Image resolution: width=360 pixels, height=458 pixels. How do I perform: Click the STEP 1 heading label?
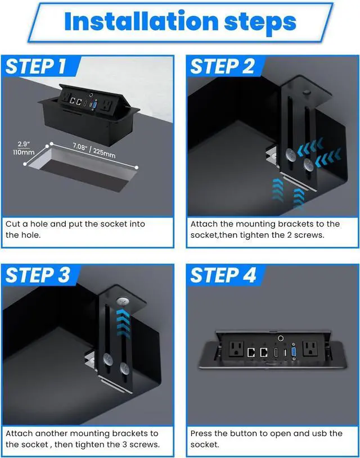coord(35,66)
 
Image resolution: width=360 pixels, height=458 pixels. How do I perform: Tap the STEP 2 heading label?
coord(223,66)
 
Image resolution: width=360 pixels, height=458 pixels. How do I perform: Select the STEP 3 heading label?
coord(38,275)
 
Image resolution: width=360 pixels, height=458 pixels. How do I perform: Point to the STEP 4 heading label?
coord(223,275)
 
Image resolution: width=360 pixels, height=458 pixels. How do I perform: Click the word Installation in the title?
coord(141,21)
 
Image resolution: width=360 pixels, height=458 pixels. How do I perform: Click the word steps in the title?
coord(260,22)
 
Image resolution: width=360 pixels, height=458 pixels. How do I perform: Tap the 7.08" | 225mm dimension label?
coord(94,149)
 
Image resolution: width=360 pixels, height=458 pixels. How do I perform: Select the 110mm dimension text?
coord(24,152)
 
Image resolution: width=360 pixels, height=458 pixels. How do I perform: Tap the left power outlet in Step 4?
coord(236,350)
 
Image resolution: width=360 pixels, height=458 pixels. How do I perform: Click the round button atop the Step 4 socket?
coord(281,338)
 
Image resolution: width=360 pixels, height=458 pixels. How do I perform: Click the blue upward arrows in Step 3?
coord(123,322)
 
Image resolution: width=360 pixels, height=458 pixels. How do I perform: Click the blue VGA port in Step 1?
coord(94,105)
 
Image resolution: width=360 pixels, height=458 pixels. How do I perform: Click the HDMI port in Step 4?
coord(275,352)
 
